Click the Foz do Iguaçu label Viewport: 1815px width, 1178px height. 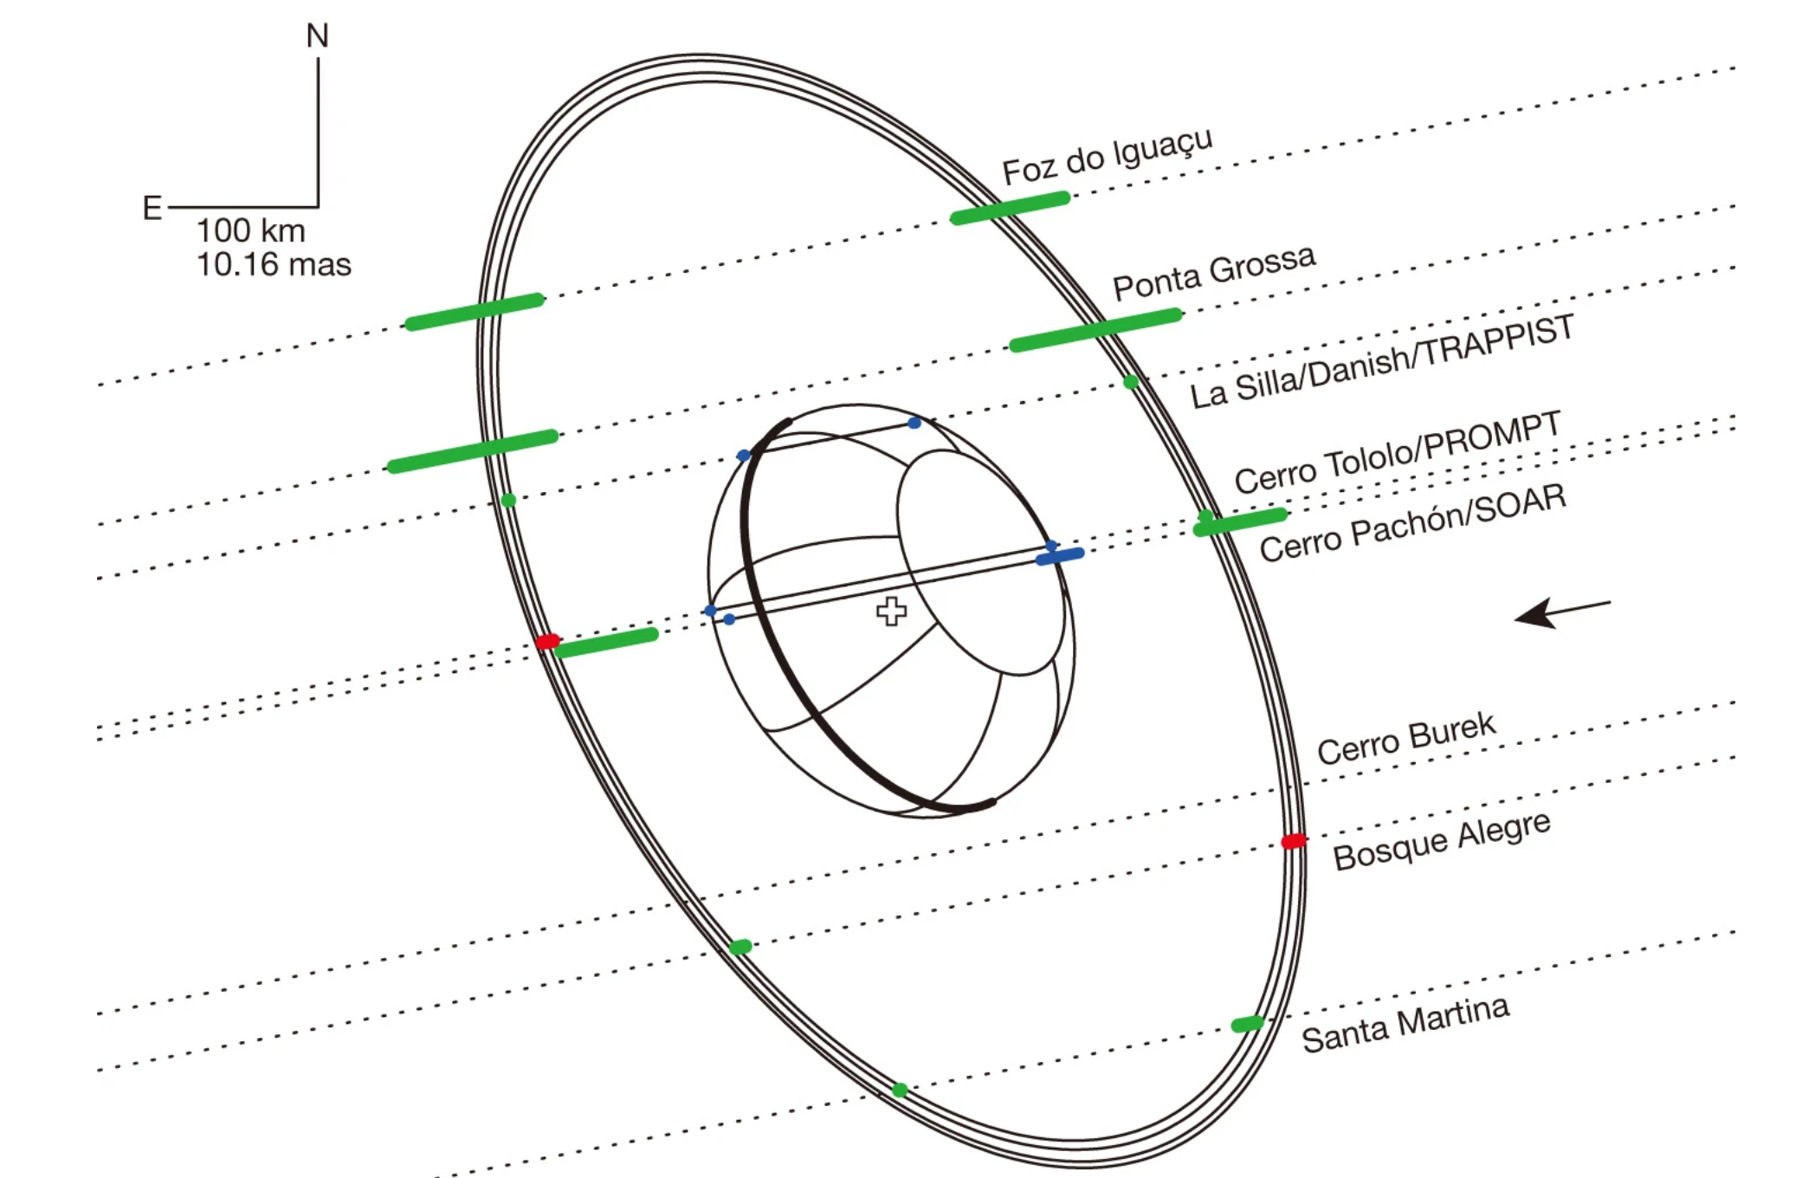point(1107,157)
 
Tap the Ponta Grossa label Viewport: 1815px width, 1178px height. point(1213,272)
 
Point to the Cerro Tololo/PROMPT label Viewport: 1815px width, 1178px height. point(1397,452)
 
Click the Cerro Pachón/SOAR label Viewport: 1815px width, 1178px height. point(1412,522)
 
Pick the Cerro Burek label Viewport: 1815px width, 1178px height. point(1405,739)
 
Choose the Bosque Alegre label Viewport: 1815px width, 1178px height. point(1441,841)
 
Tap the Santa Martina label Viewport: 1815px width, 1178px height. point(1405,1024)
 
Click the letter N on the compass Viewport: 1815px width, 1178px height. point(318,36)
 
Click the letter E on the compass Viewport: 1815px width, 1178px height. point(152,208)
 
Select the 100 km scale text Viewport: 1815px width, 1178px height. point(250,230)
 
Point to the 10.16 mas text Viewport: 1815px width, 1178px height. point(274,264)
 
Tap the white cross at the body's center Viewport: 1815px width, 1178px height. point(891,611)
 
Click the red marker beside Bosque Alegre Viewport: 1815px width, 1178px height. point(1294,841)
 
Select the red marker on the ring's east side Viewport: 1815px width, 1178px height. point(547,641)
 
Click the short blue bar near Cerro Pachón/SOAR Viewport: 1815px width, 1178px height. point(1060,556)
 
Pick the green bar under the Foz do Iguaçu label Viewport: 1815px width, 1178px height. point(1010,208)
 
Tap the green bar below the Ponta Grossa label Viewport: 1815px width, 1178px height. point(1095,330)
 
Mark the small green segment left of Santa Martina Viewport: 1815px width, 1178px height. point(1247,1025)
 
